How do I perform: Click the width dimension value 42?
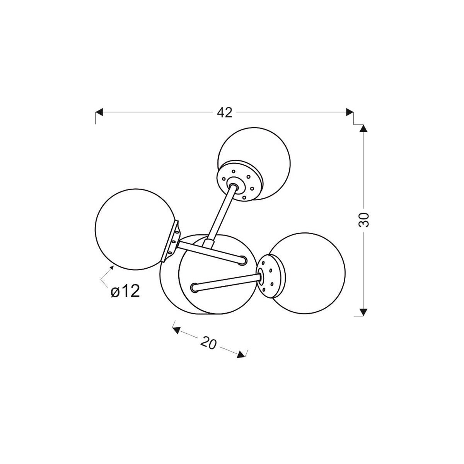click(x=224, y=113)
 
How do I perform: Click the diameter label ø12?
click(x=125, y=292)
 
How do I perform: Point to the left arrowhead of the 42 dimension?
click(x=99, y=112)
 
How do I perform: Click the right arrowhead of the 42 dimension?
click(x=350, y=112)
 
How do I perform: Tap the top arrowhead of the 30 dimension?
click(x=363, y=128)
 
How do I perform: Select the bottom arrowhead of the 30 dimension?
click(x=363, y=312)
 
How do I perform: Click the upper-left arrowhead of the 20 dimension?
click(x=176, y=330)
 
